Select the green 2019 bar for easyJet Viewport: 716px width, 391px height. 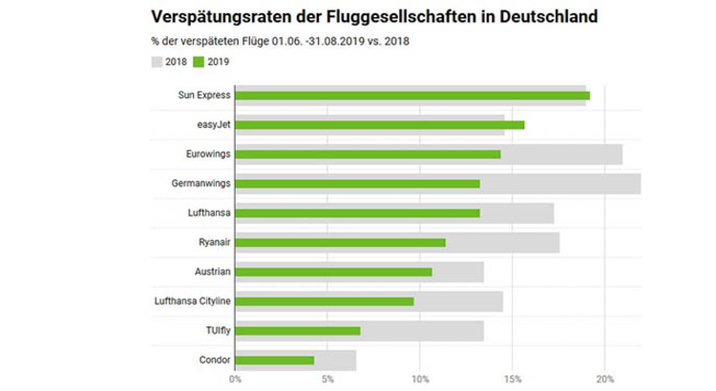tap(380, 125)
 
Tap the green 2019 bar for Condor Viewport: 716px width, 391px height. tap(275, 360)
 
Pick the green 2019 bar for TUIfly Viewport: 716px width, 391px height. tap(298, 331)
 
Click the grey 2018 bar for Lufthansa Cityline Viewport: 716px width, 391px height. tap(458, 301)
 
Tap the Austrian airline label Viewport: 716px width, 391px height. tap(209, 272)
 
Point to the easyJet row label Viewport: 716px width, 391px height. tap(210, 125)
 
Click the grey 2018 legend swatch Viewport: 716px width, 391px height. tap(158, 62)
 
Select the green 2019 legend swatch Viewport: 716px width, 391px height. tap(199, 62)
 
